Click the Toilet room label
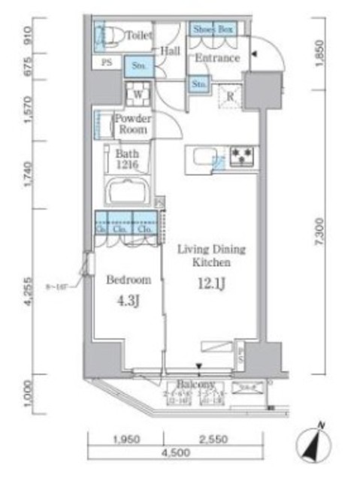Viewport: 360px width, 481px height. [x=139, y=35]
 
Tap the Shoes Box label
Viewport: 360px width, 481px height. [x=213, y=29]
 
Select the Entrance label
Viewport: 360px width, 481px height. [x=217, y=58]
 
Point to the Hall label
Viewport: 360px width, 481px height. [x=170, y=50]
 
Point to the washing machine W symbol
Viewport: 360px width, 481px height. [x=137, y=95]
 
